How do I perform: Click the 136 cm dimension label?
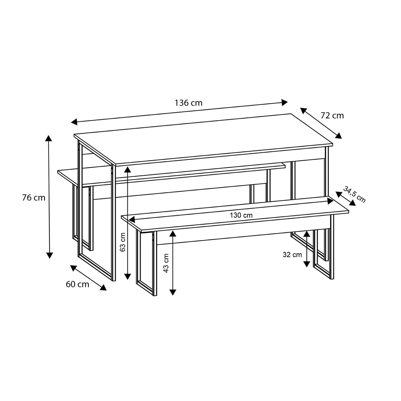[188, 103]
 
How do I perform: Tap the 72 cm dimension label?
[332, 115]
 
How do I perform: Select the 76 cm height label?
[34, 198]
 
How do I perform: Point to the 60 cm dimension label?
[77, 284]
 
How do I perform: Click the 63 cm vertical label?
[123, 242]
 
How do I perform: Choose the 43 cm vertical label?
[166, 263]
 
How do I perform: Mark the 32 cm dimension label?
[292, 254]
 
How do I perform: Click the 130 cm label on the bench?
[241, 215]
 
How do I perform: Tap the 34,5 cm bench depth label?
[354, 194]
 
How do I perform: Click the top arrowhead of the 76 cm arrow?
[49, 138]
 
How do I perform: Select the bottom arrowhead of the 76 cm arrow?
[49, 255]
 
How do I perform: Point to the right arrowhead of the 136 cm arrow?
[284, 102]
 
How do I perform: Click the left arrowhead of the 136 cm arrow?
[74, 122]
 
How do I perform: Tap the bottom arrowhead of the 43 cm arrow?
[173, 292]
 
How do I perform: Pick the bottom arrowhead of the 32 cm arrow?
[306, 264]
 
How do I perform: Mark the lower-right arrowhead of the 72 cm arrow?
[339, 136]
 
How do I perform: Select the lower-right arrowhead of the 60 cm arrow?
[103, 287]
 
